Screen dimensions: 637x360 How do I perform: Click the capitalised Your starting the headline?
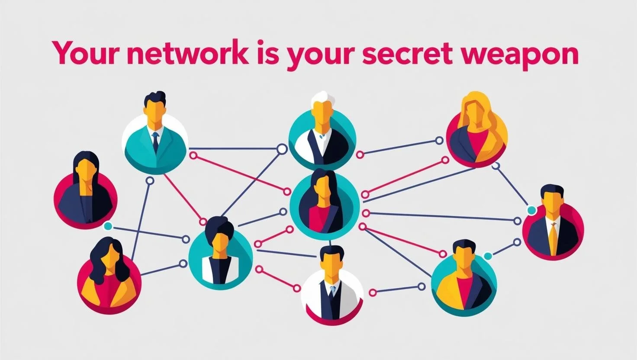(x=85, y=53)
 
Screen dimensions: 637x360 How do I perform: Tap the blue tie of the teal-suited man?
(x=155, y=141)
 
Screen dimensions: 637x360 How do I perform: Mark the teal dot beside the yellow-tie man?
(x=532, y=210)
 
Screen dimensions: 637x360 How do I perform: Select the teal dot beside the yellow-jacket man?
(x=488, y=256)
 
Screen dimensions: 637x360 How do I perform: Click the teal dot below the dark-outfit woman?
(x=108, y=226)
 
